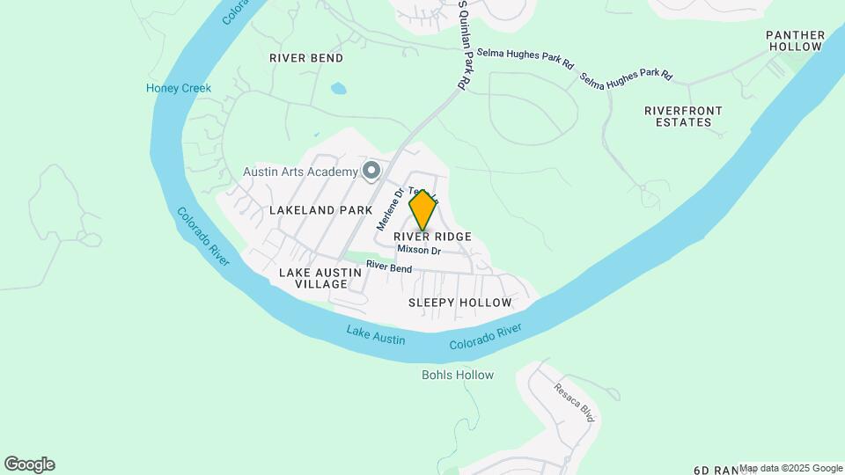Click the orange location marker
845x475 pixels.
(423, 209)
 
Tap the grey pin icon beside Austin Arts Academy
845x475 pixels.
(371, 170)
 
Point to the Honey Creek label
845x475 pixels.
(179, 88)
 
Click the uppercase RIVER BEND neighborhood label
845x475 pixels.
(306, 58)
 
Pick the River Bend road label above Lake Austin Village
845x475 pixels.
(389, 266)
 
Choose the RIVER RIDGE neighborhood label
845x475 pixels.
(432, 237)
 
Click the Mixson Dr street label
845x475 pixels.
(419, 250)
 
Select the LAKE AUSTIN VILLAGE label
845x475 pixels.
(320, 278)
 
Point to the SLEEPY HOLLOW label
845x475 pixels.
(459, 303)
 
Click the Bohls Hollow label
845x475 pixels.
(458, 375)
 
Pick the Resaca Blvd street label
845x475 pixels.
(574, 401)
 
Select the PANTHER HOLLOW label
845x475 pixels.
(796, 40)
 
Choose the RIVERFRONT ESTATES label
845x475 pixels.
(684, 116)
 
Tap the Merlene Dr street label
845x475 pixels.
(389, 209)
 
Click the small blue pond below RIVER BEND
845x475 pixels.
(338, 88)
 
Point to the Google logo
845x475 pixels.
(29, 464)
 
